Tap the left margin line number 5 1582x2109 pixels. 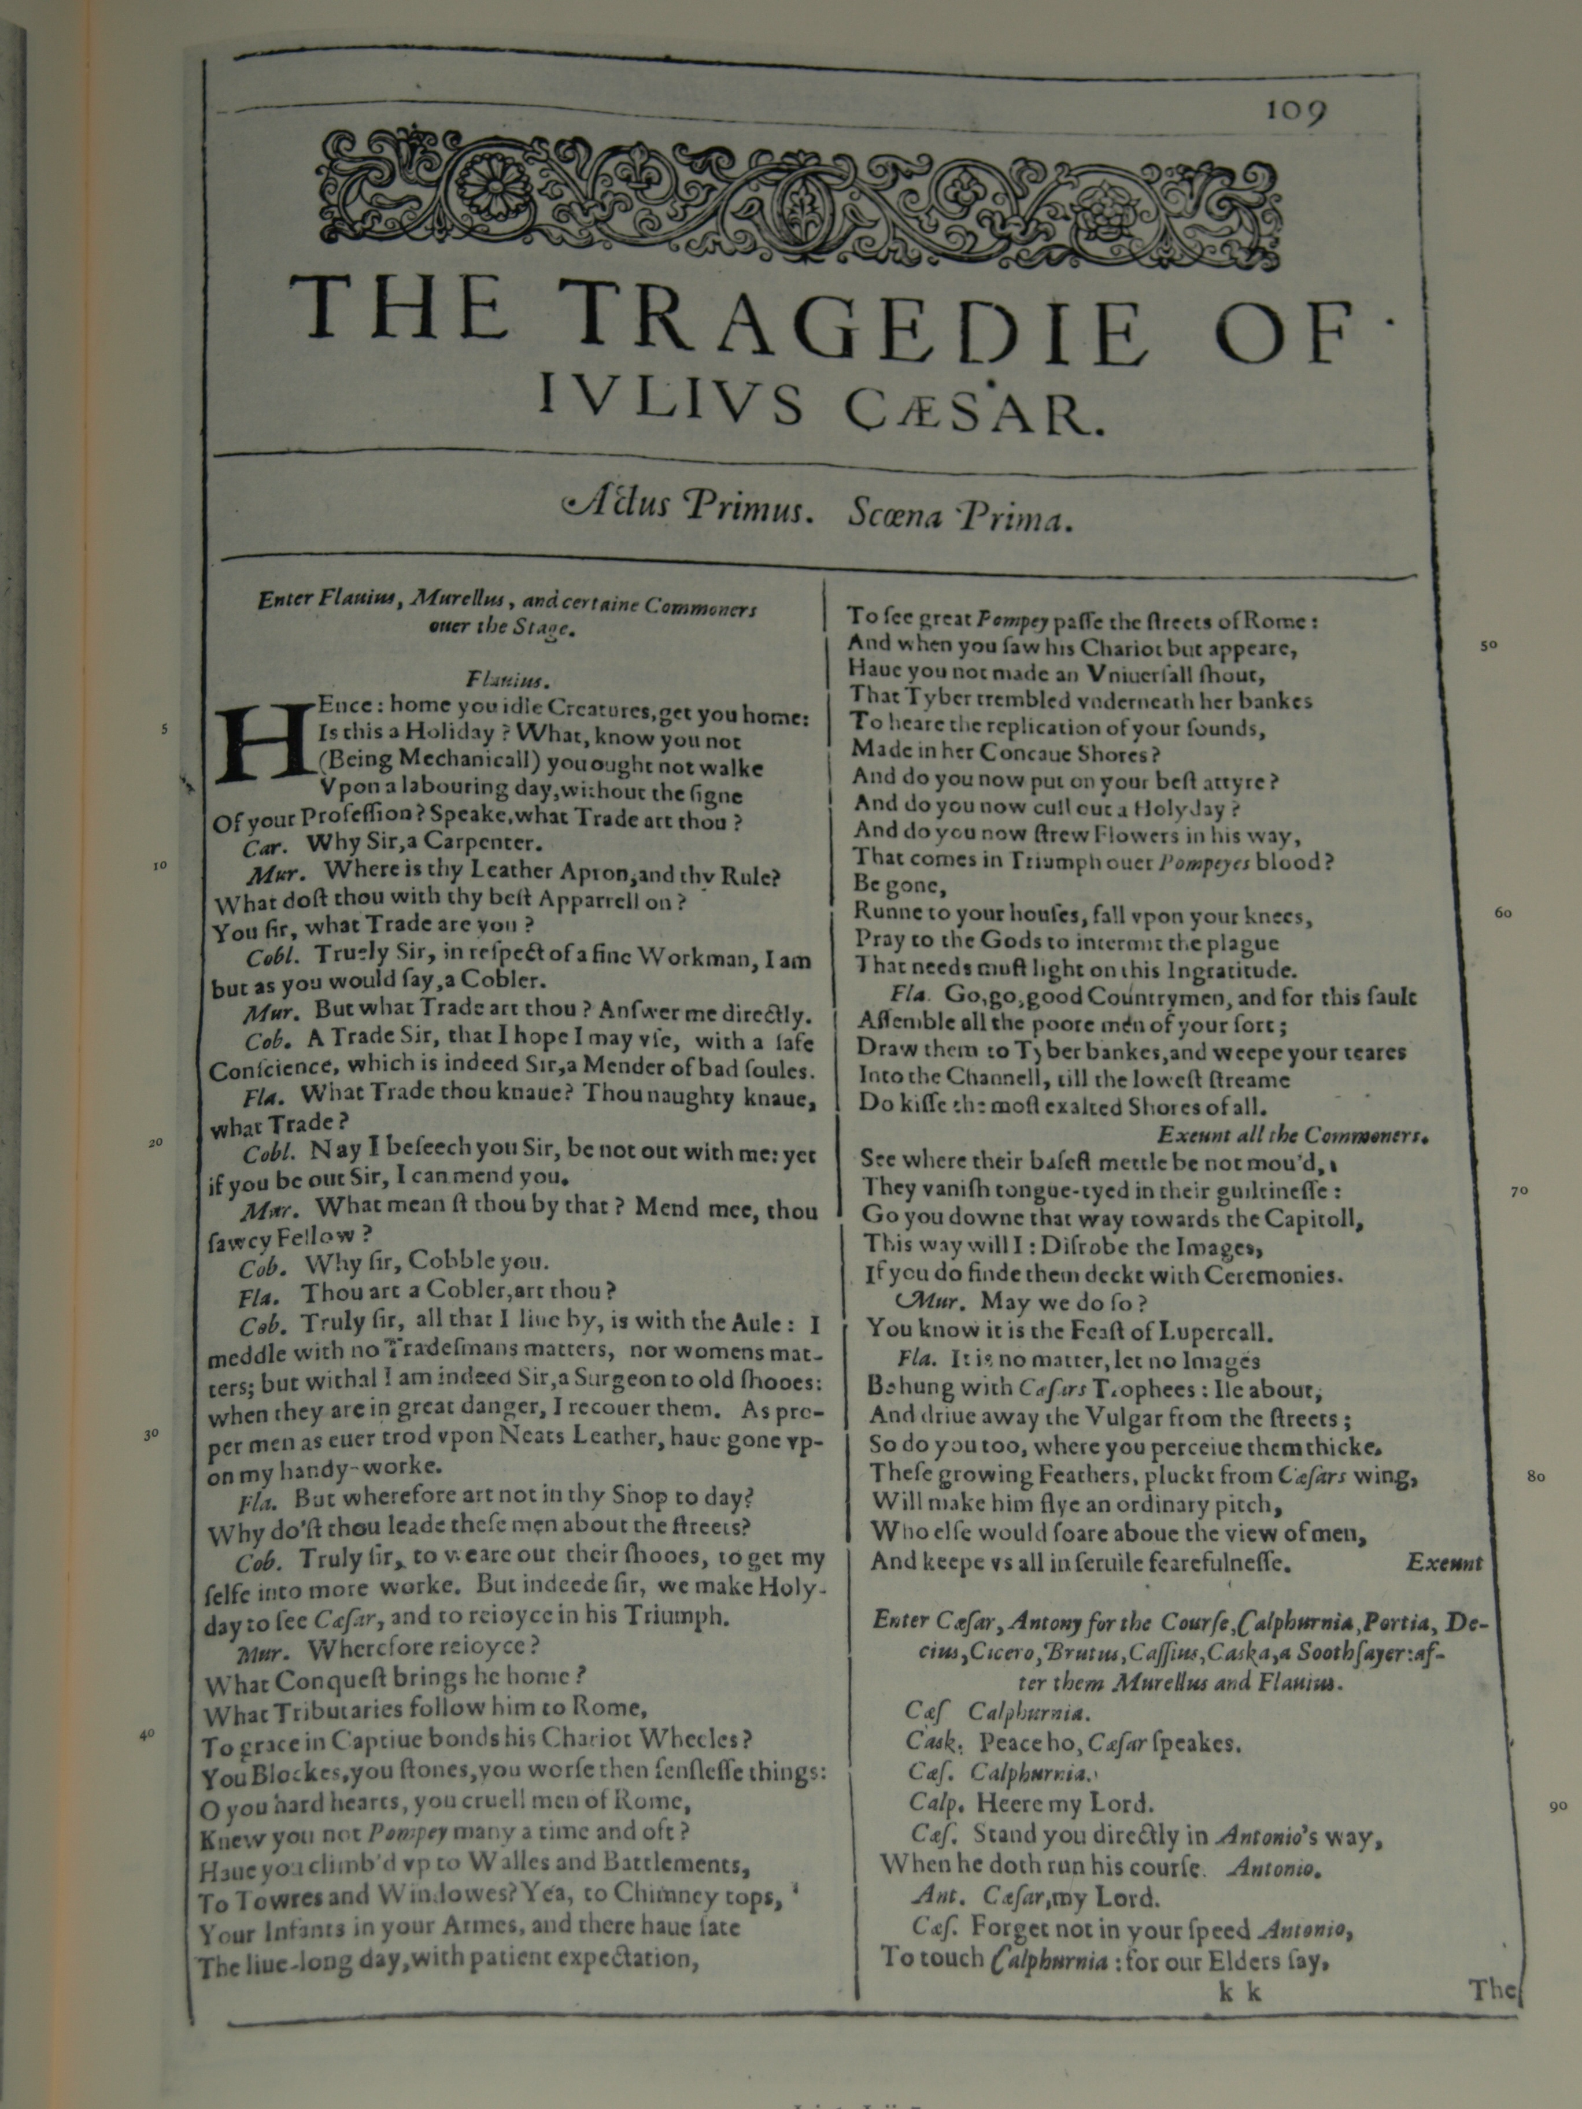pyautogui.click(x=164, y=730)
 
